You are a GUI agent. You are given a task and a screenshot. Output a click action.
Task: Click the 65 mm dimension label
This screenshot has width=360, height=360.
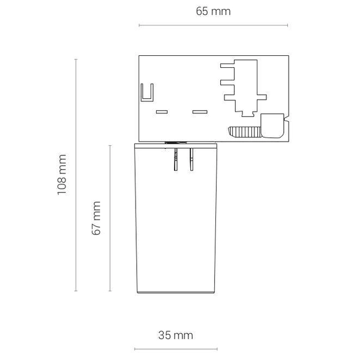click(x=213, y=11)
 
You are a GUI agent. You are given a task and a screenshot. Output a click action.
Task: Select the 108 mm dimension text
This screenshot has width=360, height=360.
click(x=61, y=175)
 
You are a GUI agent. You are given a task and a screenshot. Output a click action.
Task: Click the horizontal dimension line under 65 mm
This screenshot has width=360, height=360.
click(x=213, y=25)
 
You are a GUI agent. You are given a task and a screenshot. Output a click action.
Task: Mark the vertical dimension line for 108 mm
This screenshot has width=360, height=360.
click(x=76, y=175)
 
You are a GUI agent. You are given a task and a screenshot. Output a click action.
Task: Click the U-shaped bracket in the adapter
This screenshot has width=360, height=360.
click(x=146, y=93)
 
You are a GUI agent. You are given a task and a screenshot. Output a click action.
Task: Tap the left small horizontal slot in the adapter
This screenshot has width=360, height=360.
click(x=161, y=112)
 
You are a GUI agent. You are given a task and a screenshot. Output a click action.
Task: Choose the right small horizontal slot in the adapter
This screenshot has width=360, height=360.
click(x=199, y=112)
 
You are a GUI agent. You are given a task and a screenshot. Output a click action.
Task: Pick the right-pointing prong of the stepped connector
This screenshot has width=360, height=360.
click(x=262, y=94)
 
